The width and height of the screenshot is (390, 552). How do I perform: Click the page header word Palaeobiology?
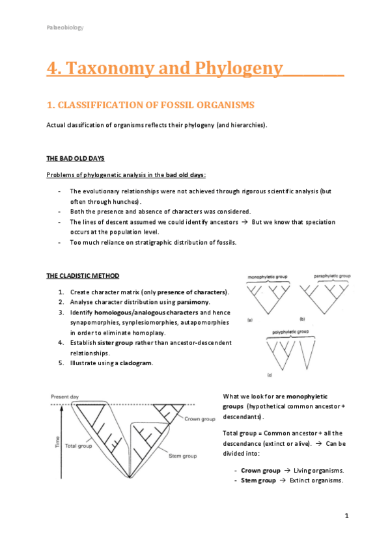pos(64,27)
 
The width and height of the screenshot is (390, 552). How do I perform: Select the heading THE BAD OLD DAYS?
pos(76,158)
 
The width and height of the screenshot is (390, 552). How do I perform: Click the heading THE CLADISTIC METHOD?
pos(83,276)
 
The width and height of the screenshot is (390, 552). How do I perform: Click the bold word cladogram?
pos(136,363)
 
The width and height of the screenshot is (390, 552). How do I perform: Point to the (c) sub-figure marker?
pos(270,376)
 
